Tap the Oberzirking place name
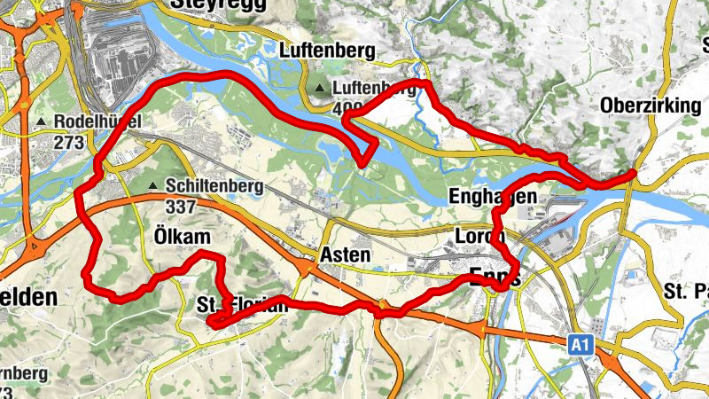coord(651,106)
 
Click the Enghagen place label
coord(494,195)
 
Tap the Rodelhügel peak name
coord(97,121)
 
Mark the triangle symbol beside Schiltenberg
coord(155,186)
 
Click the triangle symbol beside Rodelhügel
coord(42,121)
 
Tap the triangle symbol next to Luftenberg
coord(320,88)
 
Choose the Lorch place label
coord(479,237)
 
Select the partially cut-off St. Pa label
coord(686,289)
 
